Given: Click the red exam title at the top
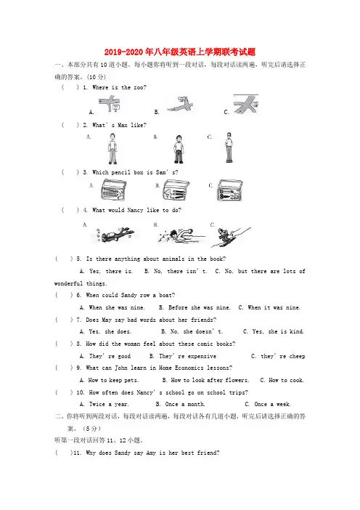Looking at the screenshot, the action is pyautogui.click(x=180, y=52).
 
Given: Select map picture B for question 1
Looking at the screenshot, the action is pyautogui.click(x=181, y=105).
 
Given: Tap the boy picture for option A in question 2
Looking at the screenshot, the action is pyautogui.click(x=112, y=148).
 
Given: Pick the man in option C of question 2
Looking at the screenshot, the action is pyautogui.click(x=229, y=147).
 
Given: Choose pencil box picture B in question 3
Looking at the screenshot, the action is pyautogui.click(x=176, y=190).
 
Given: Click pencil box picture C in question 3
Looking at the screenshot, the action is pyautogui.click(x=229, y=190).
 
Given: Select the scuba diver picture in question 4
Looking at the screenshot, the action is pyautogui.click(x=115, y=235).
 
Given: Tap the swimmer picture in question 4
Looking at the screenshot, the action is pyautogui.click(x=181, y=235).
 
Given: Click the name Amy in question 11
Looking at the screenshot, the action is pyautogui.click(x=151, y=453).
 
